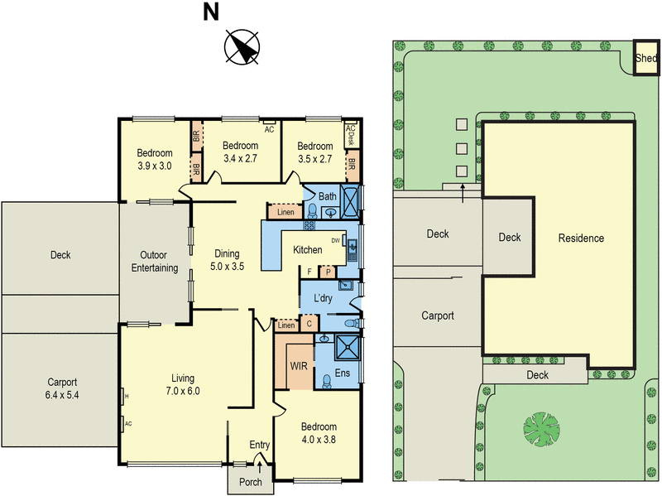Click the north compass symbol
[242, 47]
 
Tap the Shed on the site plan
[645, 59]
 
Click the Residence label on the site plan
[581, 238]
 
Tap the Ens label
[342, 373]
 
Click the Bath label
[327, 196]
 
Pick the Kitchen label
[308, 250]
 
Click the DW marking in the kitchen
[336, 240]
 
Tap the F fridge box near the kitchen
[309, 271]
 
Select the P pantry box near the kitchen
[328, 271]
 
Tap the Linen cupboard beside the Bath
[285, 213]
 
